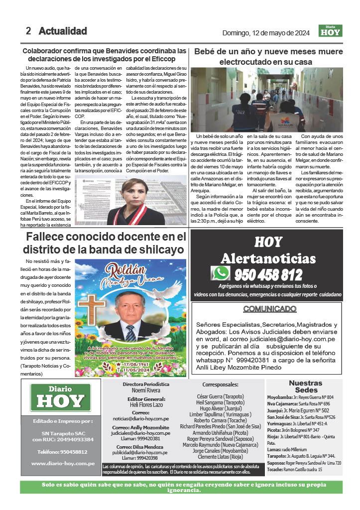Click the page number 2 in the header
[28, 31]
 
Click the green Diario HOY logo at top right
[330, 31]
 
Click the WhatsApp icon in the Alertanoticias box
[220, 273]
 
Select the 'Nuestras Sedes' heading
[305, 386]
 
